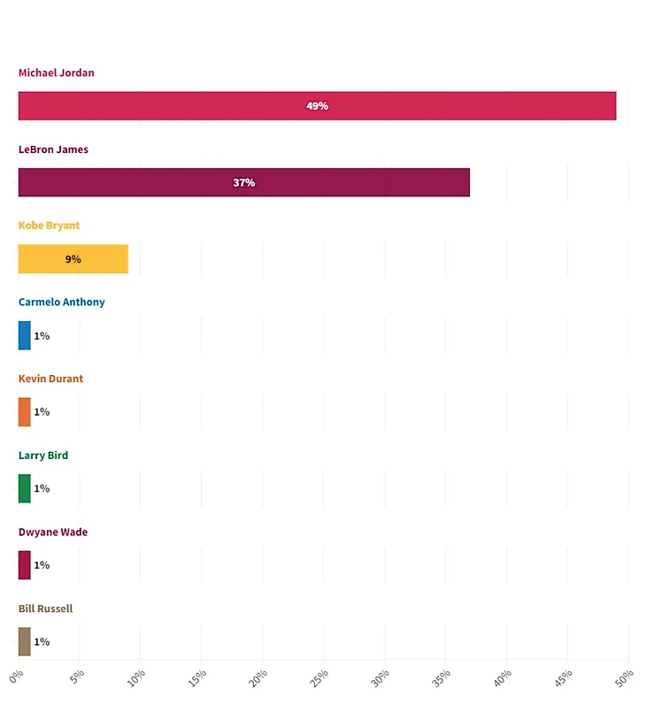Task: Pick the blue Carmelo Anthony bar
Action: [24, 335]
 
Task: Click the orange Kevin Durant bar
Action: [24, 412]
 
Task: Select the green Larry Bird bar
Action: [24, 488]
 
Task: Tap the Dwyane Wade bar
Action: [24, 565]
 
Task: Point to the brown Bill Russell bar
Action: [24, 641]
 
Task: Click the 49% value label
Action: [317, 106]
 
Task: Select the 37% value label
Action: [244, 182]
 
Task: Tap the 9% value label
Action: [73, 259]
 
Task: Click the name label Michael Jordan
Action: [56, 73]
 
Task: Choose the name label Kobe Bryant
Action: [49, 226]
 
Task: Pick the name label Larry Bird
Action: [43, 455]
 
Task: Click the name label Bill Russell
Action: [45, 608]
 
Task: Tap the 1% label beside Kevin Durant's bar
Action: [42, 412]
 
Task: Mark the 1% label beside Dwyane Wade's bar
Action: [42, 565]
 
